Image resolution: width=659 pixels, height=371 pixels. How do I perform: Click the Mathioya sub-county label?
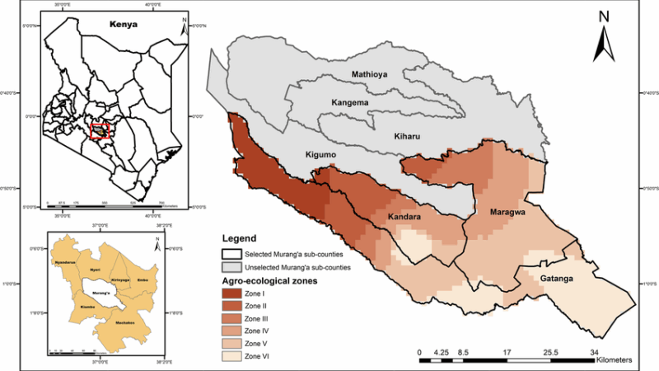(369, 75)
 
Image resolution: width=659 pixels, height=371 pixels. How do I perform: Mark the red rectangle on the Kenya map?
(100, 131)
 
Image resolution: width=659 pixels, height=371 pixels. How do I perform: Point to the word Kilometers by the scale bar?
(605, 360)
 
